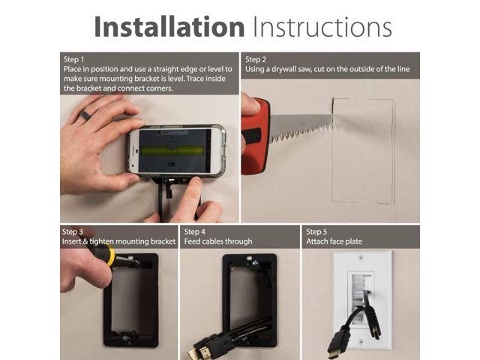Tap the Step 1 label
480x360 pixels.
point(74,59)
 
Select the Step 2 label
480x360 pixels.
point(256,59)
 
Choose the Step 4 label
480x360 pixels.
point(195,232)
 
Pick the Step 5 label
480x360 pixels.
point(316,232)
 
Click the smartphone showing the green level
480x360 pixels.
point(177,149)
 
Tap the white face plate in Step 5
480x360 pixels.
point(362,300)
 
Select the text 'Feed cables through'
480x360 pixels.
point(218,241)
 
